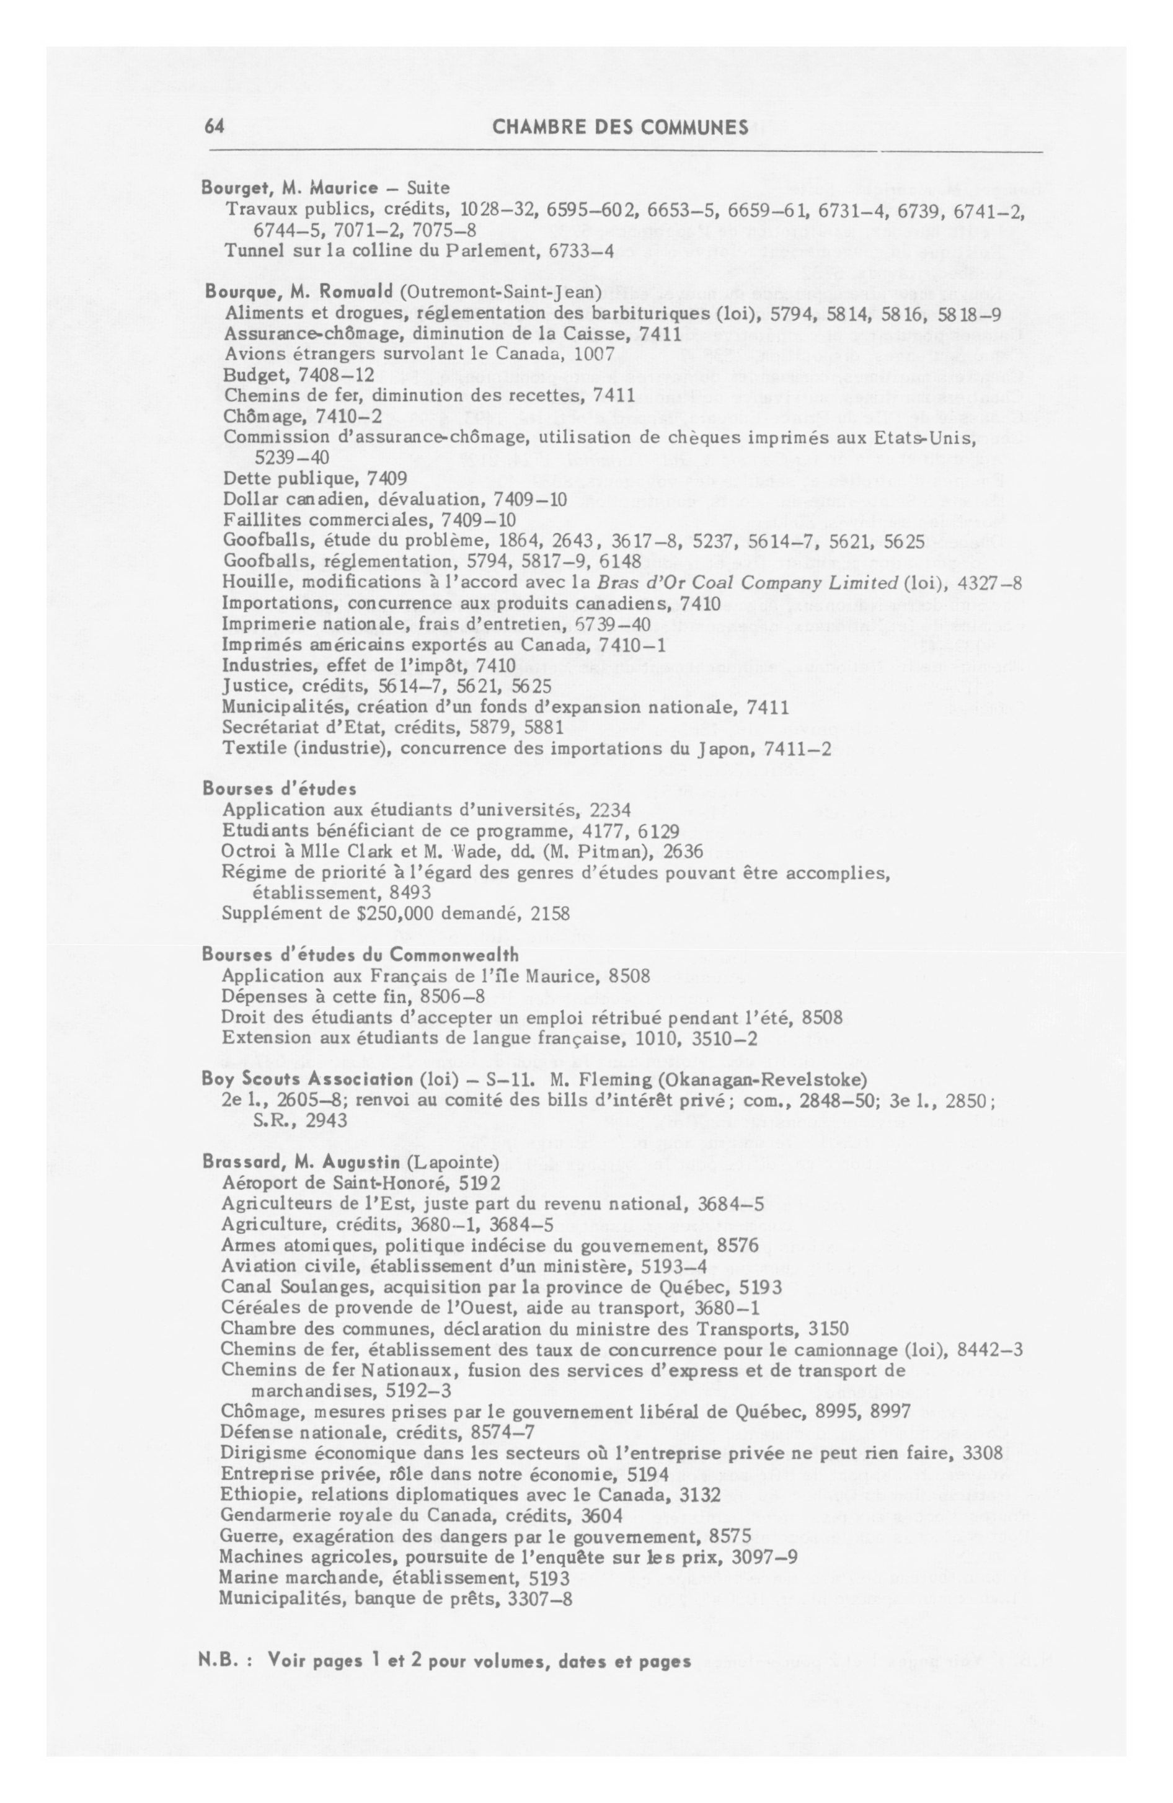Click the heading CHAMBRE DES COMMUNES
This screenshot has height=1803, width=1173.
[620, 127]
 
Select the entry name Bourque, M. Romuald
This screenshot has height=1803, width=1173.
[299, 293]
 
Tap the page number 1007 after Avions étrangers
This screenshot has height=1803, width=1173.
[594, 354]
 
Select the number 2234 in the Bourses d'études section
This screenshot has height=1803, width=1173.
[610, 810]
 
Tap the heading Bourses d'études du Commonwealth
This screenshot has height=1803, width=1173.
[360, 955]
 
